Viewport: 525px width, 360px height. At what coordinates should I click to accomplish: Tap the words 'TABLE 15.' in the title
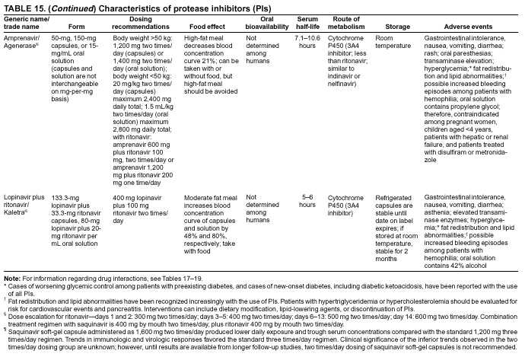22,6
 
